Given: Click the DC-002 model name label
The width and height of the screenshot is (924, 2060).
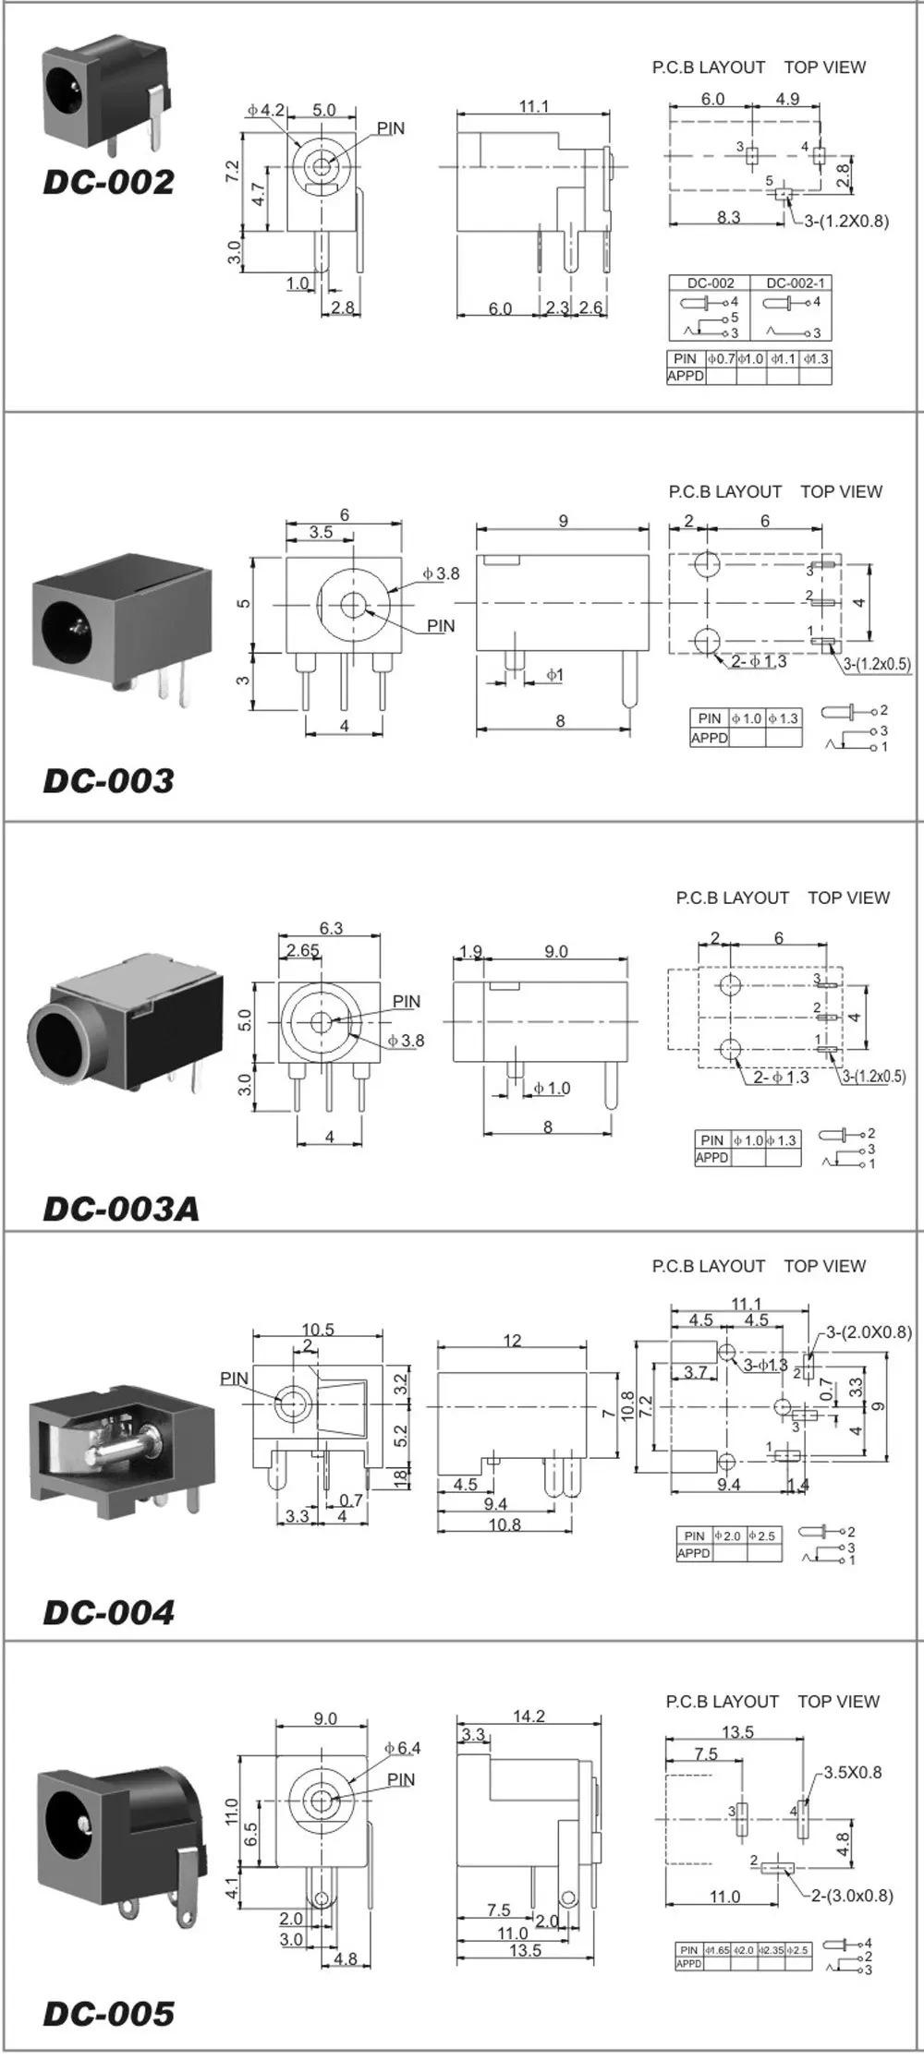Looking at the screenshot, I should (108, 182).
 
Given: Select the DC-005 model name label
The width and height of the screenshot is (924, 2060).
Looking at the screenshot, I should (108, 2014).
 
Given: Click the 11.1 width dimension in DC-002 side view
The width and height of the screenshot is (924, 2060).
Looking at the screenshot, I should (533, 106).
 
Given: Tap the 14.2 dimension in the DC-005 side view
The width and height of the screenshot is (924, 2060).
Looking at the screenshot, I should (529, 1717).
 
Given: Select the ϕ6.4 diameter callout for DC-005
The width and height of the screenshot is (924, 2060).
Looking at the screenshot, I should (403, 1748).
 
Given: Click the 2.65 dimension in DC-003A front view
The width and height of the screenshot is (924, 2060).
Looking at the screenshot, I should (302, 950).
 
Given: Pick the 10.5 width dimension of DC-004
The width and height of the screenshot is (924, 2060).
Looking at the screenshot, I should (318, 1330).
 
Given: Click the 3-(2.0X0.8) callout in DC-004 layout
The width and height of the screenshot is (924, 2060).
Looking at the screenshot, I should (869, 1331).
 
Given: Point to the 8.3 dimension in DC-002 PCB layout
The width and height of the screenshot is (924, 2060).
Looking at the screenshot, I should (728, 217).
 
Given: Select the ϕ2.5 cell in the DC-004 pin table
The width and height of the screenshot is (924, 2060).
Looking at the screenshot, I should (762, 1536).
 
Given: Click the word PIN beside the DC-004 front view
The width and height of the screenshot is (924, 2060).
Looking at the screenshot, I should (235, 1379).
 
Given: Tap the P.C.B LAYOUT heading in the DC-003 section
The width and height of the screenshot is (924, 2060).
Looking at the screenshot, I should (725, 491).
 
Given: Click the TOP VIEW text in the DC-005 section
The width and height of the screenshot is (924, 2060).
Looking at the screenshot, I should (839, 1701).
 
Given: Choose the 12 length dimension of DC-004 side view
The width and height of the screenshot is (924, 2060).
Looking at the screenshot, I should (513, 1341).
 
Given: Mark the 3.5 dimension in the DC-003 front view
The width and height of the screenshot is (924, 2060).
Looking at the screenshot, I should (321, 532).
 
